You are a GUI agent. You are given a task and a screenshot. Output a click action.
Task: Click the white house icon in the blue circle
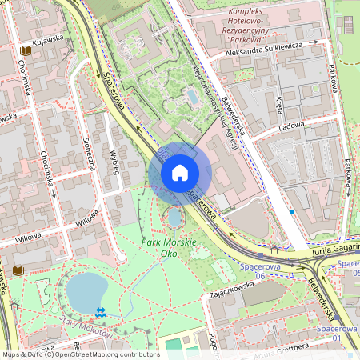coord(180,172)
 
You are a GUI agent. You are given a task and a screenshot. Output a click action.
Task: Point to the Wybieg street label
coord(115,160)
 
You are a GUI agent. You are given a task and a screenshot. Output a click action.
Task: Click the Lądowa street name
coord(292,125)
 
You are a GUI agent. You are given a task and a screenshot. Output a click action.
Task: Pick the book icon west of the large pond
coord(18,271)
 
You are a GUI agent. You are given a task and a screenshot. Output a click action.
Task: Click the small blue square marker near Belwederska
coord(292,212)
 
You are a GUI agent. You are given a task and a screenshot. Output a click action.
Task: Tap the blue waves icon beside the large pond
coord(100,310)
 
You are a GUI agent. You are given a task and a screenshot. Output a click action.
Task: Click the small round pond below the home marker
coord(174,217)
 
